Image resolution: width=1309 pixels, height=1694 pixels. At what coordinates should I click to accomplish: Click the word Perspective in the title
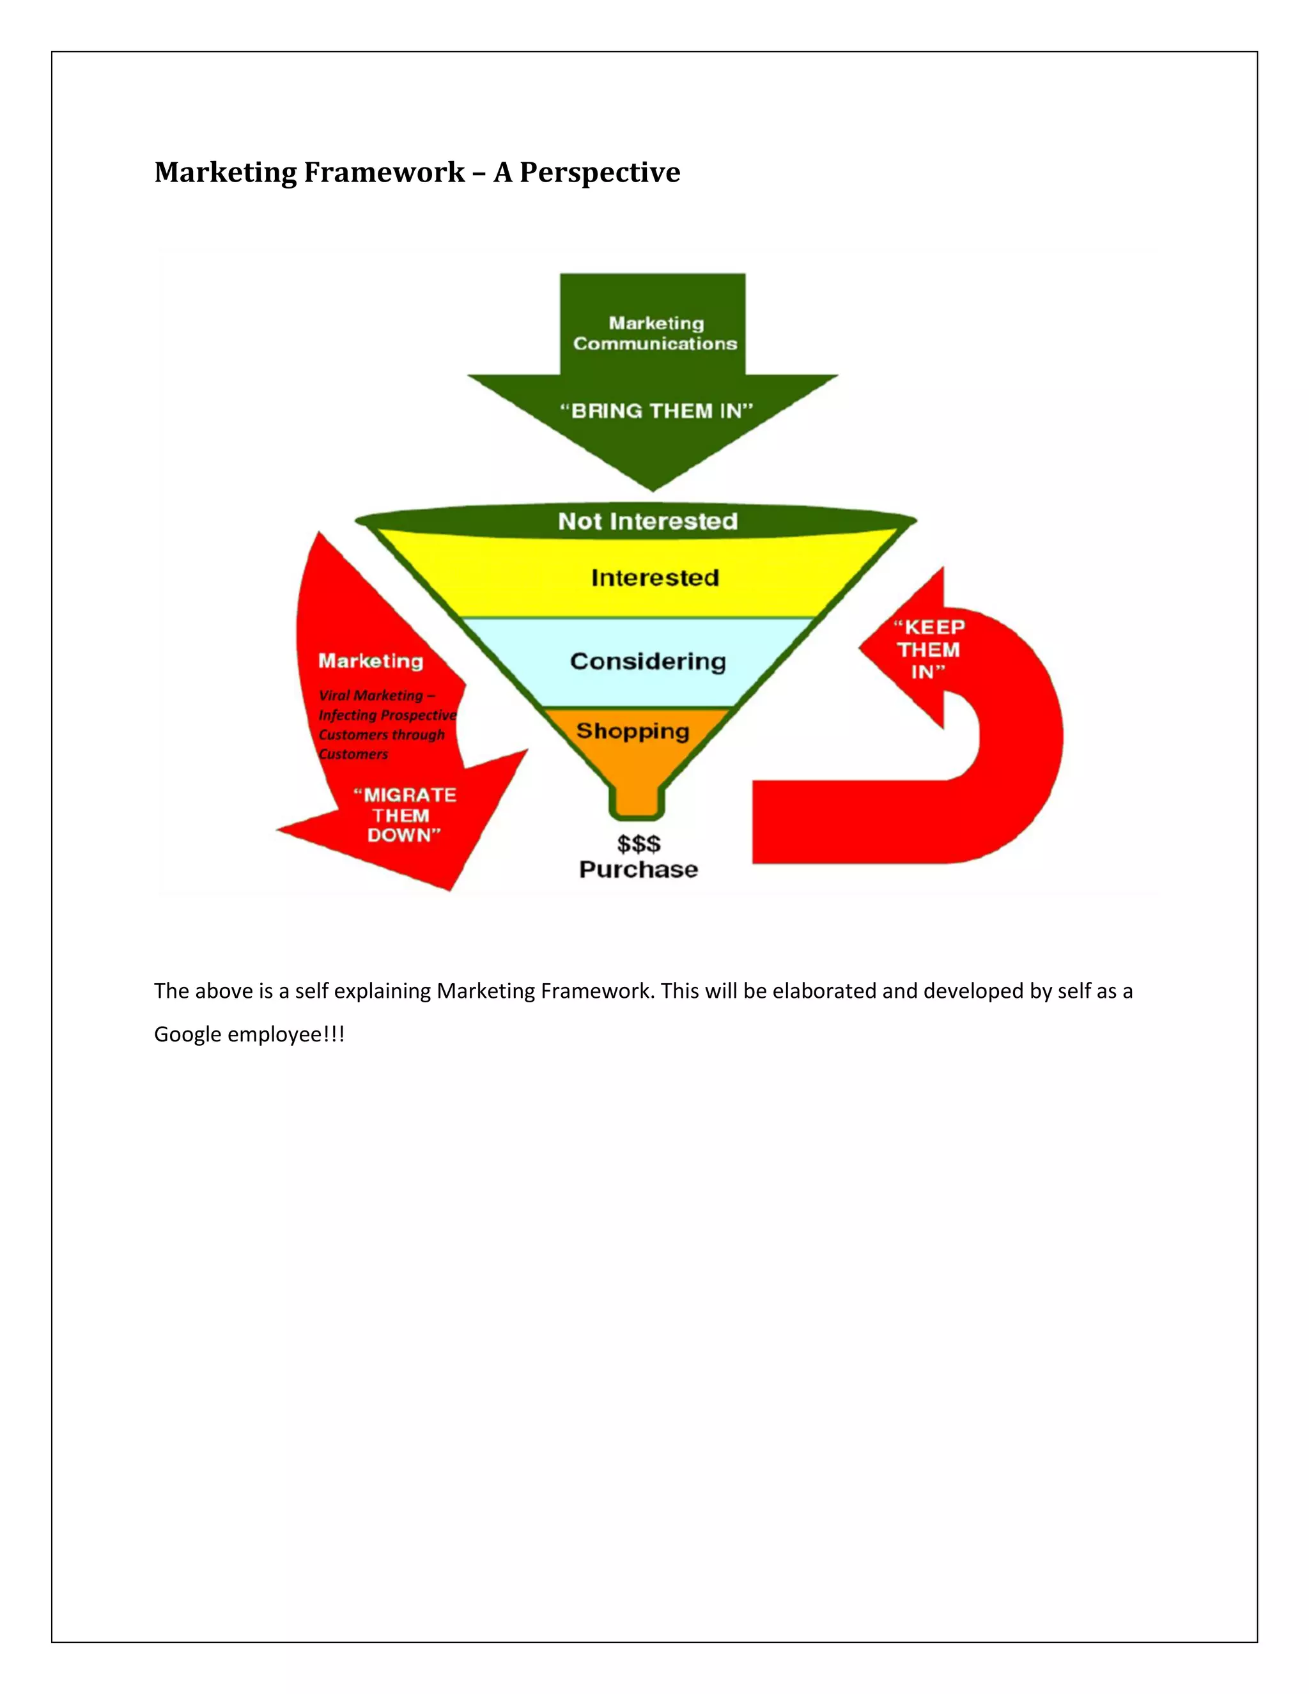(x=600, y=172)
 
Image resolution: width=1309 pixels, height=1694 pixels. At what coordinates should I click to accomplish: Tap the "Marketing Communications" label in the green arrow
(x=655, y=334)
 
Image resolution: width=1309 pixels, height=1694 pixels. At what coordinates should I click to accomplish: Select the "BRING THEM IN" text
(x=656, y=410)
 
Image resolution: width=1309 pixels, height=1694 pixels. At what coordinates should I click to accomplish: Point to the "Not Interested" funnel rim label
(x=647, y=521)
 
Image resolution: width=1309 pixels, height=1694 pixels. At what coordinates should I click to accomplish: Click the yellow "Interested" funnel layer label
(x=655, y=578)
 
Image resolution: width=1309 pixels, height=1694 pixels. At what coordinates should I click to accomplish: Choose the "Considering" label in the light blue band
(x=648, y=661)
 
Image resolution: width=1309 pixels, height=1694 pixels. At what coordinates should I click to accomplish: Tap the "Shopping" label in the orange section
(x=633, y=731)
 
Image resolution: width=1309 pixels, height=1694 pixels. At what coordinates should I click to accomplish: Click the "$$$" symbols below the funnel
(x=639, y=843)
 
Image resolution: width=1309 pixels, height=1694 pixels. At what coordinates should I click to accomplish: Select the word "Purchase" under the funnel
(x=639, y=869)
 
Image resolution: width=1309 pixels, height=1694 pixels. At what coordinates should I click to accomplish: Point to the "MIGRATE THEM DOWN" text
(x=404, y=815)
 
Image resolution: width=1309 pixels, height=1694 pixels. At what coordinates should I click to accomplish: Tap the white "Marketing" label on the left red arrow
(x=371, y=661)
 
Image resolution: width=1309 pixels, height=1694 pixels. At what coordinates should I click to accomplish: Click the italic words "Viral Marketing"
(x=371, y=695)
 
